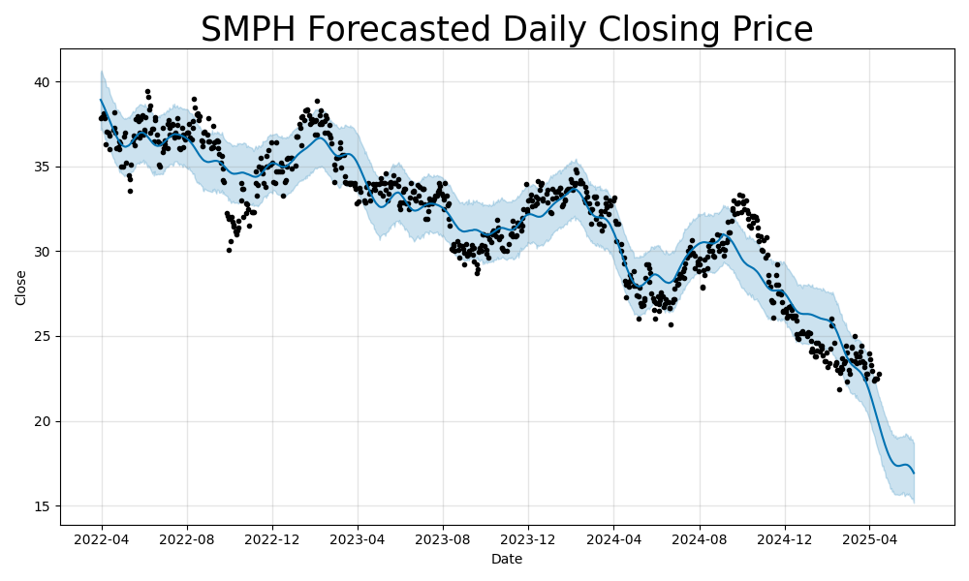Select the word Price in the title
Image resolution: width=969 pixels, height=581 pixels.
click(767, 30)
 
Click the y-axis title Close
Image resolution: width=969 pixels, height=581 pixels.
click(21, 287)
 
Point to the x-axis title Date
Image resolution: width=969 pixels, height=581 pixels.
click(507, 559)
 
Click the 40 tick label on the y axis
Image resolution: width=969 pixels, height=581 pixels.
click(42, 82)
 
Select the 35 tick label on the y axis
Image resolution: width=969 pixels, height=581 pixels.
click(42, 167)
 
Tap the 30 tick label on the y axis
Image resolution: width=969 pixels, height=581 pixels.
click(42, 252)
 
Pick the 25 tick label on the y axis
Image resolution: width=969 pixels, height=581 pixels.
click(42, 336)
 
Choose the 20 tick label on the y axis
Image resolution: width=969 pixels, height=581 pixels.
click(42, 421)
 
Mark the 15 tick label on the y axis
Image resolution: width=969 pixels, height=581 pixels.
click(42, 506)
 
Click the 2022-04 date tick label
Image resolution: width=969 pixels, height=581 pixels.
click(102, 539)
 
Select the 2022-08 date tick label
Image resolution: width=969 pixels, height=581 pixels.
click(187, 539)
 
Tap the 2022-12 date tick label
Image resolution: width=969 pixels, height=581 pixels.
click(272, 539)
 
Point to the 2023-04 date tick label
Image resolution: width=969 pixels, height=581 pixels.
click(358, 539)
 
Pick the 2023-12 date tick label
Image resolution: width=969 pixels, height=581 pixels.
click(528, 539)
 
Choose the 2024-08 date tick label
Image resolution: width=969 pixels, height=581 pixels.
click(699, 539)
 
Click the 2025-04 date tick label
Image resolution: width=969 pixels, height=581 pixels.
click(869, 539)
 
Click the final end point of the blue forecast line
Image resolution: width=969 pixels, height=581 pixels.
click(914, 473)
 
